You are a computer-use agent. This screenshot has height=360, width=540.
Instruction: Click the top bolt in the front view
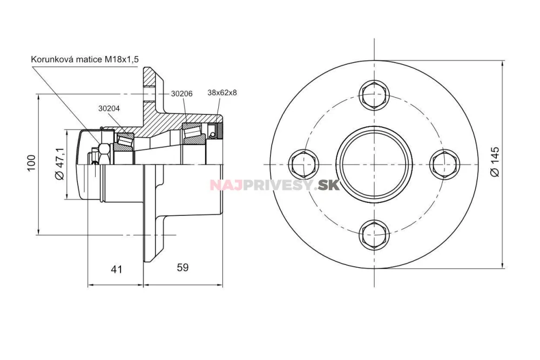(374, 94)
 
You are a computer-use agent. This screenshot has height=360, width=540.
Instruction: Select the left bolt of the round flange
(304, 164)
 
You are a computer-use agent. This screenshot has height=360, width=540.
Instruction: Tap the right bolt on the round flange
(444, 164)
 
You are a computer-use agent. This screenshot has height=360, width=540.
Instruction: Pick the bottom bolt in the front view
(374, 234)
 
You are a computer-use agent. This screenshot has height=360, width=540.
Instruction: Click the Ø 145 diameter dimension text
(495, 162)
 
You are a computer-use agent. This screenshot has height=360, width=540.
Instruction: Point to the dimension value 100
(31, 163)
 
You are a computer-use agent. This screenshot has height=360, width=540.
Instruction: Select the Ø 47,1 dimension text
(59, 164)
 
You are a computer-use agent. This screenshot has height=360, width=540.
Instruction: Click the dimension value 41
(117, 269)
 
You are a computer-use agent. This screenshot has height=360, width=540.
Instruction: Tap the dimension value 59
(183, 267)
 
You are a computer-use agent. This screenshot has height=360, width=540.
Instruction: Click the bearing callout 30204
(109, 108)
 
